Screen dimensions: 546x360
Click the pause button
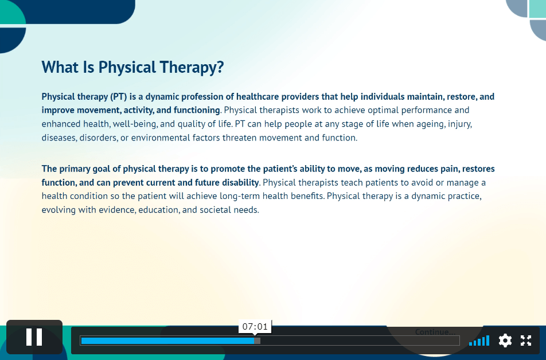34,337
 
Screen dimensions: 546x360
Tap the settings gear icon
505,341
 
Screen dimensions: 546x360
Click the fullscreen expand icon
526,341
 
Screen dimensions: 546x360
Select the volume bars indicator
479,341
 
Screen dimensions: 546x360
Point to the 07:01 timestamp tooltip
255,327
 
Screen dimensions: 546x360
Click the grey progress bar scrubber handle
257,341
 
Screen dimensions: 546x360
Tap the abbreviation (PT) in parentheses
118,96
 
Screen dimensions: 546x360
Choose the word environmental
160,138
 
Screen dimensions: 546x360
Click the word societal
215,210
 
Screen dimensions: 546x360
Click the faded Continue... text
435,332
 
